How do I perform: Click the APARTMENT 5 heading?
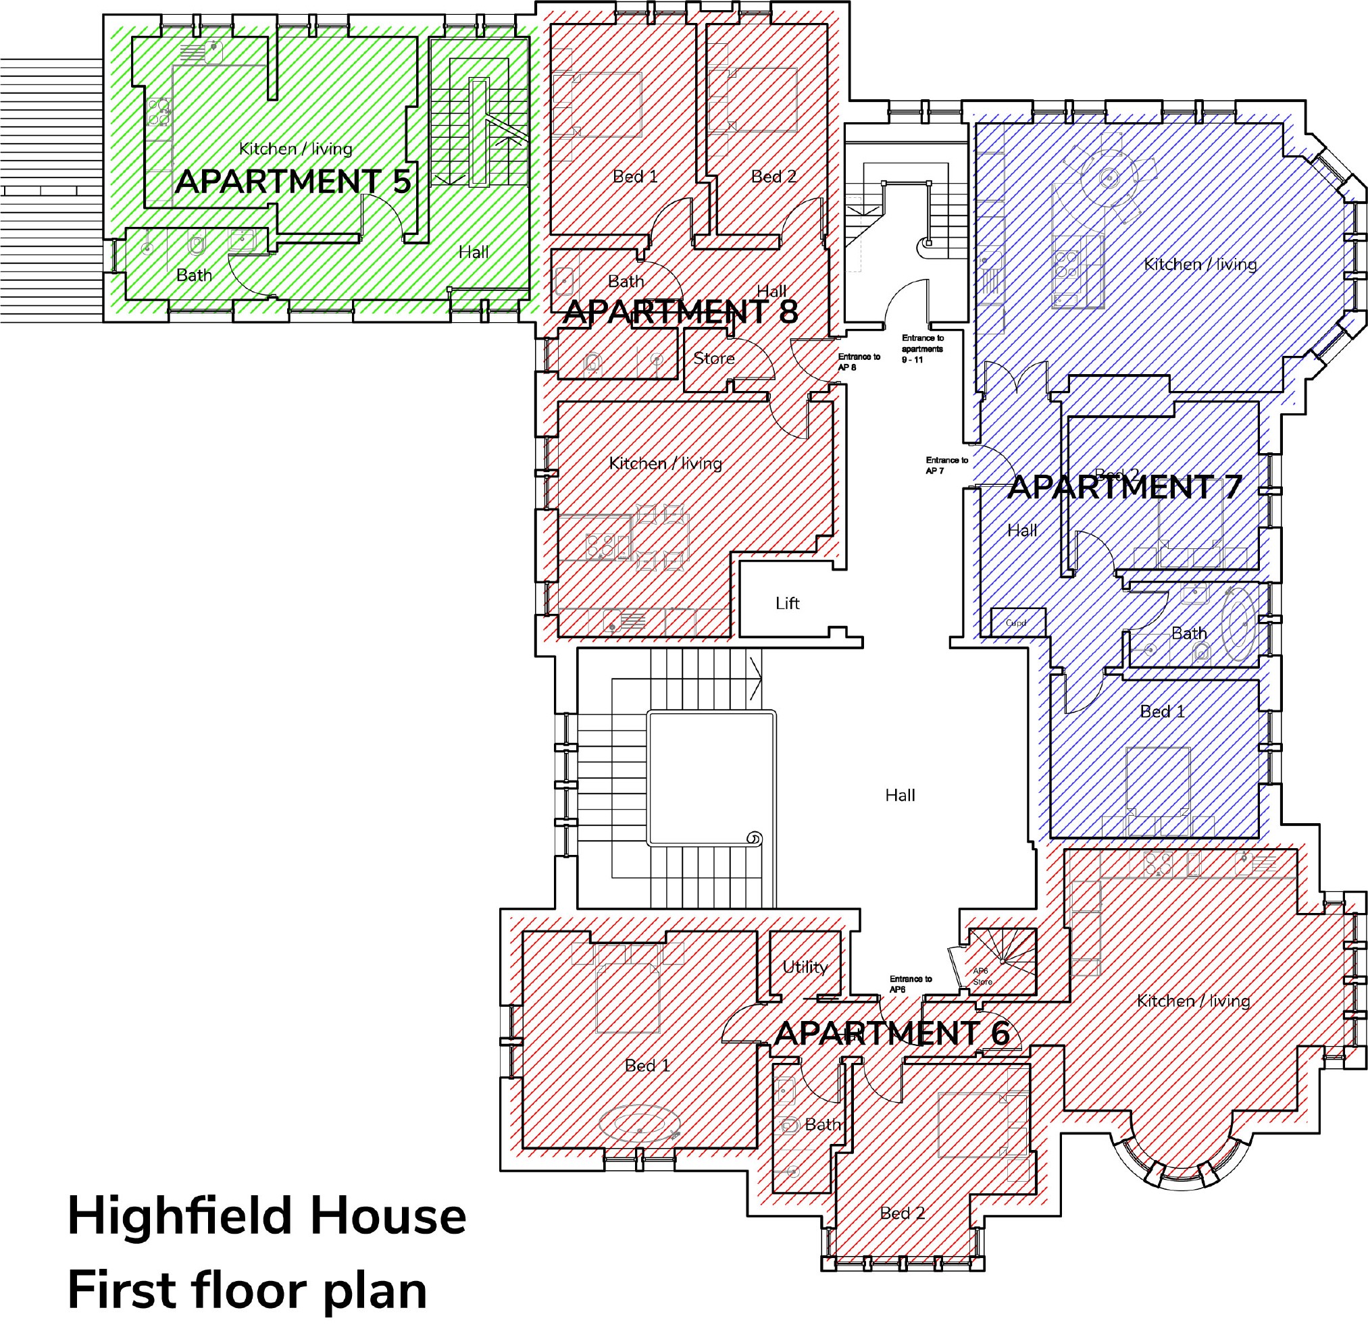point(293,182)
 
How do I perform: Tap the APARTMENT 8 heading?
point(680,312)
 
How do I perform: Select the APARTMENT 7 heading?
point(1124,487)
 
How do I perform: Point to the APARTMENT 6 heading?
point(892,1033)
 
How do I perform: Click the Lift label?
point(787,604)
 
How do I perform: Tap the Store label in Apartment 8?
point(714,359)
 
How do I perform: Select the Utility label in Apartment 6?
point(805,967)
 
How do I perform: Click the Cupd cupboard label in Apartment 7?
point(1015,623)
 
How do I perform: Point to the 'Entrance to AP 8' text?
point(859,362)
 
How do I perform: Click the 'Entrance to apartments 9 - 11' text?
point(923,348)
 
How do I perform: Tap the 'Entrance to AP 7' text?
point(946,465)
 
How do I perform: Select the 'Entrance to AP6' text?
point(910,984)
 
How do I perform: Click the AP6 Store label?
point(982,976)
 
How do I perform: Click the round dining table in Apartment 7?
point(1108,178)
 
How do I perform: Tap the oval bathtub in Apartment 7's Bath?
point(1238,624)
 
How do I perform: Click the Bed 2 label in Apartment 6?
point(902,1213)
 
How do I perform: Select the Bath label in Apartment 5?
point(194,275)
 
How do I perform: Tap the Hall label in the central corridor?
point(899,795)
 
